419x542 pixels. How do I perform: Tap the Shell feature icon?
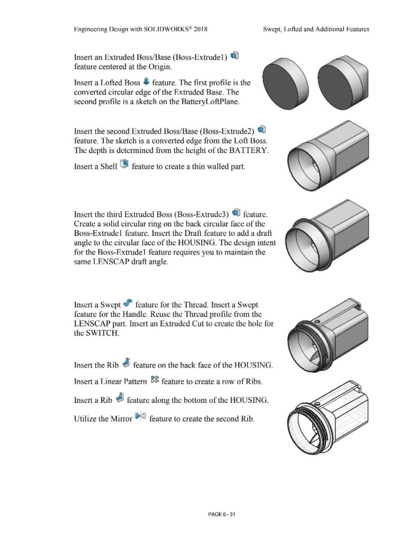click(124, 163)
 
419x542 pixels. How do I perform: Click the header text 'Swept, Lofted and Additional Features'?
click(316, 28)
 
